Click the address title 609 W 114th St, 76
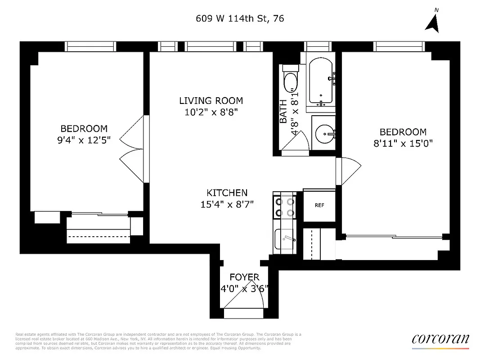(x=240, y=18)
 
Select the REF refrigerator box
(x=319, y=205)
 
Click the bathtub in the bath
(x=320, y=82)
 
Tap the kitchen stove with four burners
(x=284, y=207)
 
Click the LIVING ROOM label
(x=211, y=101)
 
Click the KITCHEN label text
(x=227, y=193)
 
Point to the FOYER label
(x=244, y=277)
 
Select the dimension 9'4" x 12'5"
(x=84, y=140)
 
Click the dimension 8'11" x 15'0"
(x=403, y=144)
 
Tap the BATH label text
(x=283, y=112)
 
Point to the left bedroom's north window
(x=90, y=46)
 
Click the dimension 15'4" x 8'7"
(x=227, y=204)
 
